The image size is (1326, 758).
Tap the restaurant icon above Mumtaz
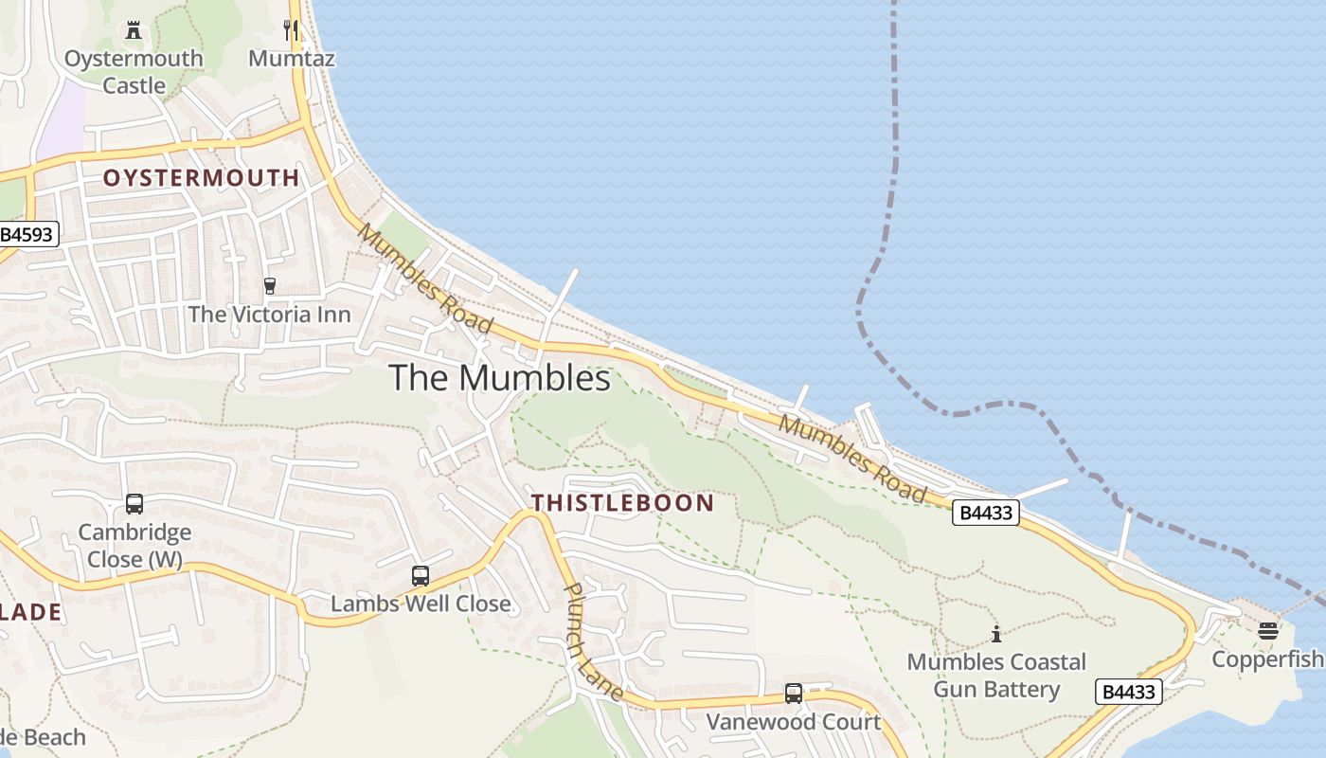291,29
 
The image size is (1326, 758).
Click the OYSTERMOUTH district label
201,177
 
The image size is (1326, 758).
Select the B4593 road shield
28,234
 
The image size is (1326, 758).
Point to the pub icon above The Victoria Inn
269,285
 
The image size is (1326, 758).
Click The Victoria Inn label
269,314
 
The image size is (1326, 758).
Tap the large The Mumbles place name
499,378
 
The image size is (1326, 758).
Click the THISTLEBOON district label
622,502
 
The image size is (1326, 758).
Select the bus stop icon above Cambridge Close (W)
134,504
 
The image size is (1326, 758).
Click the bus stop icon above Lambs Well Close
420,575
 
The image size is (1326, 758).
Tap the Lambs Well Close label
420,604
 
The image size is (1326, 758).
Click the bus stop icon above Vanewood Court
793,694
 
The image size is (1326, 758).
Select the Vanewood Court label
793,722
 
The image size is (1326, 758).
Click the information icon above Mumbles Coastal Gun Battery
995,634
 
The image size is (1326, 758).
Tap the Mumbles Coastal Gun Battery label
995,675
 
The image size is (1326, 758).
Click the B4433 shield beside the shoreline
985,513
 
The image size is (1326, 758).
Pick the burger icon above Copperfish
1268,630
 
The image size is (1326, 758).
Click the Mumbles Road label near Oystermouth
425,279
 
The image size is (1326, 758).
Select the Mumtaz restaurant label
291,58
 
